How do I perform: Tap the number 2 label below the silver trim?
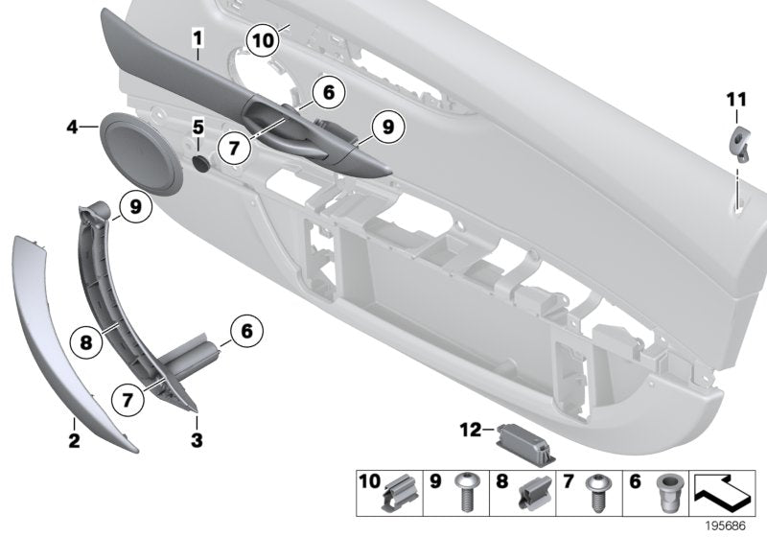pyautogui.click(x=74, y=441)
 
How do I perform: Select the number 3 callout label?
pyautogui.click(x=197, y=441)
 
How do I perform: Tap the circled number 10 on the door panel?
pyautogui.click(x=263, y=40)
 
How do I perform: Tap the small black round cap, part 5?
pyautogui.click(x=202, y=164)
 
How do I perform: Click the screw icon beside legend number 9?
pyautogui.click(x=470, y=495)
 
